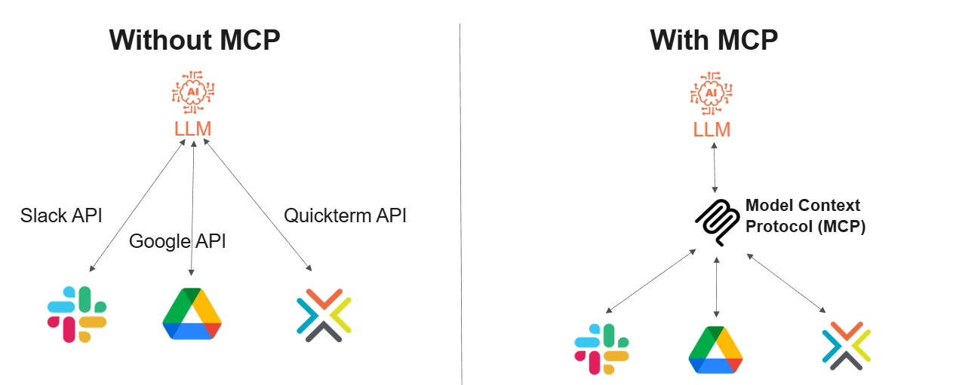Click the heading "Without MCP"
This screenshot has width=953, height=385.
194,39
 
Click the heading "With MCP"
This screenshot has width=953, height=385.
713,39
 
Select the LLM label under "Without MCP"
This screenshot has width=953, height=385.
192,129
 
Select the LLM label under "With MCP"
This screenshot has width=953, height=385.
712,130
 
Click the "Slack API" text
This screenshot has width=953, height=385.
61,215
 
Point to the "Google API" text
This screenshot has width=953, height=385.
177,241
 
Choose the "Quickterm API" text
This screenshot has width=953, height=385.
345,215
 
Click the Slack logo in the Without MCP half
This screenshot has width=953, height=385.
77,314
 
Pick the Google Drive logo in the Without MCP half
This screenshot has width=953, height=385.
192,313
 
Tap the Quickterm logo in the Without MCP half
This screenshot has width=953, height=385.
324,314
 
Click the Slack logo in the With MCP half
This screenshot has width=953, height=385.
601,349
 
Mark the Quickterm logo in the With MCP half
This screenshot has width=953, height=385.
847,346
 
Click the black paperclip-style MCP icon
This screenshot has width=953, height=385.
716,219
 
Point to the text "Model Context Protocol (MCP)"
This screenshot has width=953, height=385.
804,215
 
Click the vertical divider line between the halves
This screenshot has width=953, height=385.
460,203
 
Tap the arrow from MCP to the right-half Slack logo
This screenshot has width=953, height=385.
650,281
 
